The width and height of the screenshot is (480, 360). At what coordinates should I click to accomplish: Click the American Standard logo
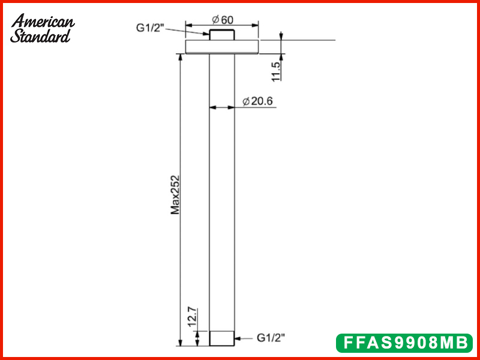(43, 28)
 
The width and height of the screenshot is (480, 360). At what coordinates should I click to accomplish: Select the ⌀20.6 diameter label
(258, 101)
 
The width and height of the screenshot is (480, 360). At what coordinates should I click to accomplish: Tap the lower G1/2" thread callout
(271, 338)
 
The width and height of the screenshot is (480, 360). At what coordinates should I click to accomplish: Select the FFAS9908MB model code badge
(404, 343)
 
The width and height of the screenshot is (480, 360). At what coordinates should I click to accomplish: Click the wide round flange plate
(221, 47)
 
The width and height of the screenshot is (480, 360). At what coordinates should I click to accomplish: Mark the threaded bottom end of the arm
(221, 338)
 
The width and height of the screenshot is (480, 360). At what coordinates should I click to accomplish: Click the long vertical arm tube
(221, 192)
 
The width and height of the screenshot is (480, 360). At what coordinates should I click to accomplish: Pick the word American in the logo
(43, 21)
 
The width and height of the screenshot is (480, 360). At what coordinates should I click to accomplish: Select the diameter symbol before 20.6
(246, 101)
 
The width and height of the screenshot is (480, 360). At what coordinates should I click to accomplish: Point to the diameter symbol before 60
(215, 19)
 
